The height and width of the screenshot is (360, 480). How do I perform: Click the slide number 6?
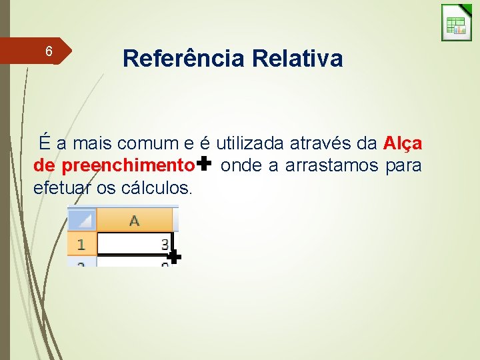point(48,51)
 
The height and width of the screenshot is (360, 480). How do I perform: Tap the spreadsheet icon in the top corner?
point(457,23)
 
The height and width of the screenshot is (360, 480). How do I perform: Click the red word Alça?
point(403,143)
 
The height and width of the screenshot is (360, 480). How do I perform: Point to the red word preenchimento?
point(135,165)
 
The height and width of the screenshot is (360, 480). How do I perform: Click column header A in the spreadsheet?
point(134,220)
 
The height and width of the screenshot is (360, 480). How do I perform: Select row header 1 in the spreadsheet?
point(81,245)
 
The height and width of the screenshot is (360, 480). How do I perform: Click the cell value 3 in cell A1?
point(165,245)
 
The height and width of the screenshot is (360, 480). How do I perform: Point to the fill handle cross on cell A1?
point(173,257)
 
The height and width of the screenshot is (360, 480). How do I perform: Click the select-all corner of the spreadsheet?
point(82,219)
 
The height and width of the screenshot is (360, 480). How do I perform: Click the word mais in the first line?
point(93,143)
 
